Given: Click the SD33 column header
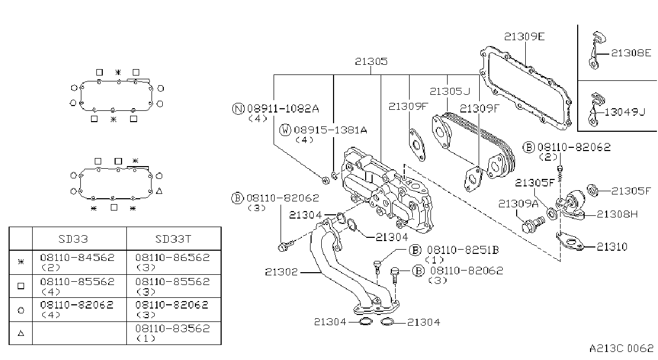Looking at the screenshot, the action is [x=73, y=239].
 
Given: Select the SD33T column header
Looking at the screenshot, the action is [x=173, y=239].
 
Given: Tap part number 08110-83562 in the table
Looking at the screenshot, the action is [x=173, y=328].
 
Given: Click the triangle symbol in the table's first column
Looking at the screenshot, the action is [x=20, y=333].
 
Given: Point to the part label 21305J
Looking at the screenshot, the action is [x=450, y=92].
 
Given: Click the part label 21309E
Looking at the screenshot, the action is [x=524, y=36].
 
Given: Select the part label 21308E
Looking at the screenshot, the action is [x=631, y=53].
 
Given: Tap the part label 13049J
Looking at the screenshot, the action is [x=625, y=112].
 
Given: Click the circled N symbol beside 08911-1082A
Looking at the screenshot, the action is [x=238, y=109].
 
